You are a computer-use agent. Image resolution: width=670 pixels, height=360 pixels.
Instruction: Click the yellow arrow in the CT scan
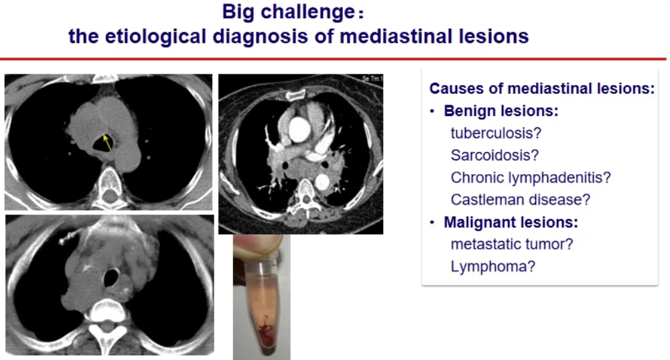coord(108,142)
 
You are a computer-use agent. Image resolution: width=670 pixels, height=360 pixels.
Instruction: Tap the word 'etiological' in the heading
coord(155,36)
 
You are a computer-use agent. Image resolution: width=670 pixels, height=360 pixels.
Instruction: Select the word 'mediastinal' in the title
coord(396,36)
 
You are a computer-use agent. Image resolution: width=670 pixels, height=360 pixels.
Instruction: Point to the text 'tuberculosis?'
coord(496,133)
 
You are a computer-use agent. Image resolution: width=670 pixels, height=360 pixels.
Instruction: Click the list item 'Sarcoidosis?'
coord(495,156)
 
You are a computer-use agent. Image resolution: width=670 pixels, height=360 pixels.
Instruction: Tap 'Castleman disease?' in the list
coord(521,200)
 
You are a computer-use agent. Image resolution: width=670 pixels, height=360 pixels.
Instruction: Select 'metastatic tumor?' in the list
coord(512,244)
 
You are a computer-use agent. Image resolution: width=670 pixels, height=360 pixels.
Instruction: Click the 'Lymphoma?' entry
coord(493,266)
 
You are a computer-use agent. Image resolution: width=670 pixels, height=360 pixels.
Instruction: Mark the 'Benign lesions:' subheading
coord(501,111)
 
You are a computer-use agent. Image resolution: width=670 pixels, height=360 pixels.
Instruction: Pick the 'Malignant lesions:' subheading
coord(511,222)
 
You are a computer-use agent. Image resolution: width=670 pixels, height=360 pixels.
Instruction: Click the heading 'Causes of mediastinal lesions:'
coord(542,88)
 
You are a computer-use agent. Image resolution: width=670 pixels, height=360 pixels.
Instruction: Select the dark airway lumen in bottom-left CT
coord(111,278)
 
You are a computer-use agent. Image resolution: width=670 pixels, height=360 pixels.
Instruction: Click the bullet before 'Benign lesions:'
coord(432,111)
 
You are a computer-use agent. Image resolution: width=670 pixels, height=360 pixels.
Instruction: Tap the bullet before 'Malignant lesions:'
coord(432,223)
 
